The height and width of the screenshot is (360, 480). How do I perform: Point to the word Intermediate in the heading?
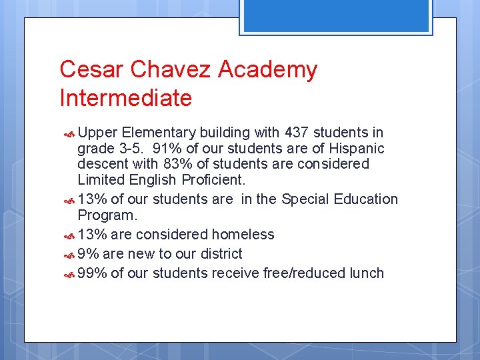click(x=125, y=98)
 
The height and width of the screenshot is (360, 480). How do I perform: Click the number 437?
click(x=297, y=133)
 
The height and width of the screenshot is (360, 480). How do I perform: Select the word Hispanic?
click(x=354, y=148)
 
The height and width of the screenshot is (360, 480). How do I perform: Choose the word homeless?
click(x=243, y=234)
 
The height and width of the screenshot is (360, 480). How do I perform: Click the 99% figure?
click(x=92, y=273)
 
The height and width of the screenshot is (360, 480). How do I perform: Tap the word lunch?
click(x=366, y=273)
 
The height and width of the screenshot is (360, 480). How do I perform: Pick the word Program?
click(x=107, y=215)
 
